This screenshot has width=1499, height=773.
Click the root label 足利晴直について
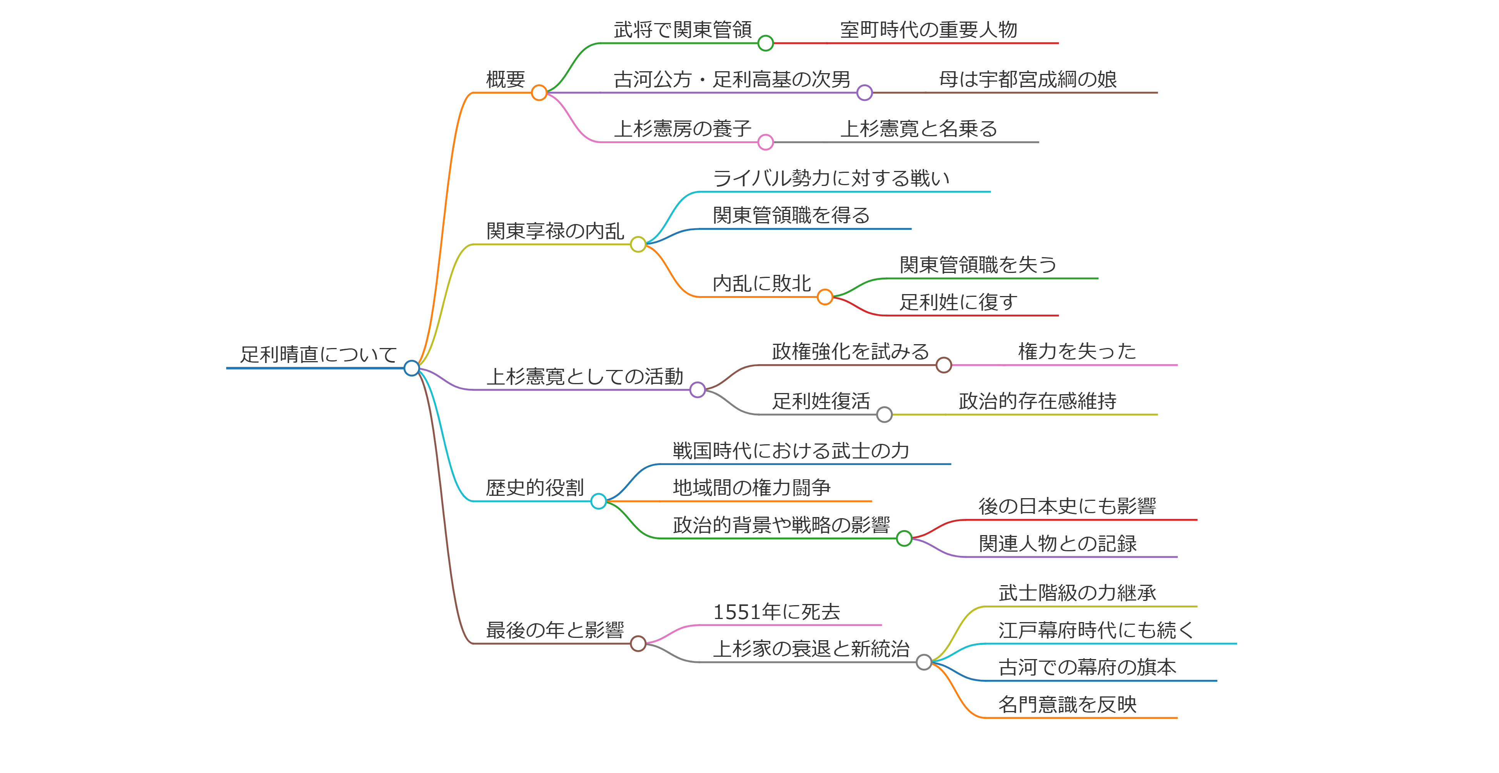point(318,354)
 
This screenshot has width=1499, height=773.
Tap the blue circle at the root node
point(411,368)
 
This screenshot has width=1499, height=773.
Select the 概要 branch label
point(505,79)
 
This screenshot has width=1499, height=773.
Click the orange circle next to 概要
point(539,92)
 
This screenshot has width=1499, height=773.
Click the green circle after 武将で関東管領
point(765,43)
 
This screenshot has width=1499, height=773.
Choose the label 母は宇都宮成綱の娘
point(1028,79)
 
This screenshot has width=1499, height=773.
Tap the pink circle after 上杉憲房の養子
point(765,142)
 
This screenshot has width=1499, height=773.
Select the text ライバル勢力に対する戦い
point(831,178)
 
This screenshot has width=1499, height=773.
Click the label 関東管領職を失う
point(978,265)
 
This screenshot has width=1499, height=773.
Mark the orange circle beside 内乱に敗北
point(825,297)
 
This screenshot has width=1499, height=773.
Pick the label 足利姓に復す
point(958,302)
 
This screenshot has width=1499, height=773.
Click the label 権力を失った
point(1077,351)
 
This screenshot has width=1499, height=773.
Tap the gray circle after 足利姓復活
point(884,415)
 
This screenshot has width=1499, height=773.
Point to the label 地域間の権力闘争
point(751,488)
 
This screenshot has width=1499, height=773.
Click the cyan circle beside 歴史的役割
point(598,501)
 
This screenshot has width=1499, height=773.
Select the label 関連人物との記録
point(1057,544)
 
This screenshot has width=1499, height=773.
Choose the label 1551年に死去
point(776,612)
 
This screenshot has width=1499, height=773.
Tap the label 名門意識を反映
point(1067,704)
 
